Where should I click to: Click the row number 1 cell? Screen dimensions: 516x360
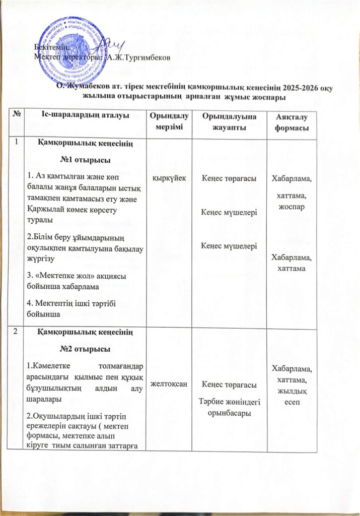(x=17, y=143)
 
